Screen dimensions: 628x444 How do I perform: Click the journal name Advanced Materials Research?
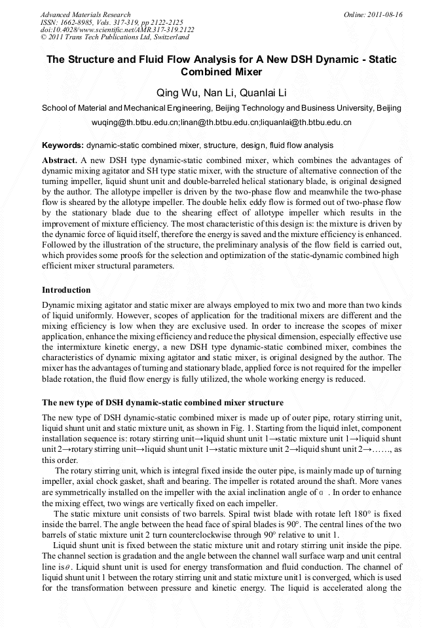point(85,14)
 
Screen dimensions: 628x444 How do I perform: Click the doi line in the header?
point(117,30)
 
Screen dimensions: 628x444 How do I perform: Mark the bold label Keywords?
point(63,145)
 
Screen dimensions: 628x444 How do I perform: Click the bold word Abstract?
point(60,160)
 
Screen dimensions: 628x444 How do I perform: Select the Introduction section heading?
point(66,289)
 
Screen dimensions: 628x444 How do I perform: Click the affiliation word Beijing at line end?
point(388,108)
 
